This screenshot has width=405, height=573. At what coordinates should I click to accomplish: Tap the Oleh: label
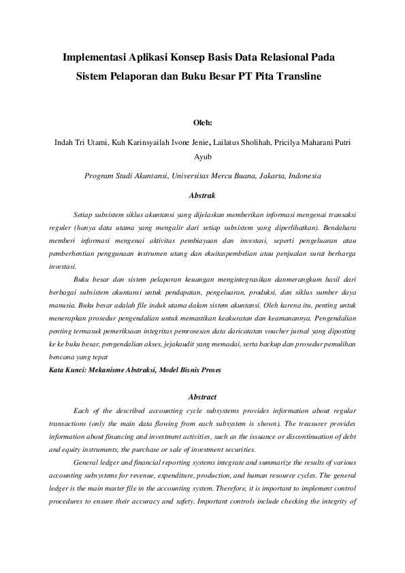click(x=203, y=123)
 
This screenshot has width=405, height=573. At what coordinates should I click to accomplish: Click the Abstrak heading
click(x=203, y=195)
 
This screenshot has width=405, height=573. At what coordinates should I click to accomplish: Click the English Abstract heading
click(x=203, y=396)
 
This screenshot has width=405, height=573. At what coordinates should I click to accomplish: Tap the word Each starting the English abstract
click(x=81, y=411)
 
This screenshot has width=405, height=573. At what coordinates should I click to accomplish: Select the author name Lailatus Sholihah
click(x=244, y=143)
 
